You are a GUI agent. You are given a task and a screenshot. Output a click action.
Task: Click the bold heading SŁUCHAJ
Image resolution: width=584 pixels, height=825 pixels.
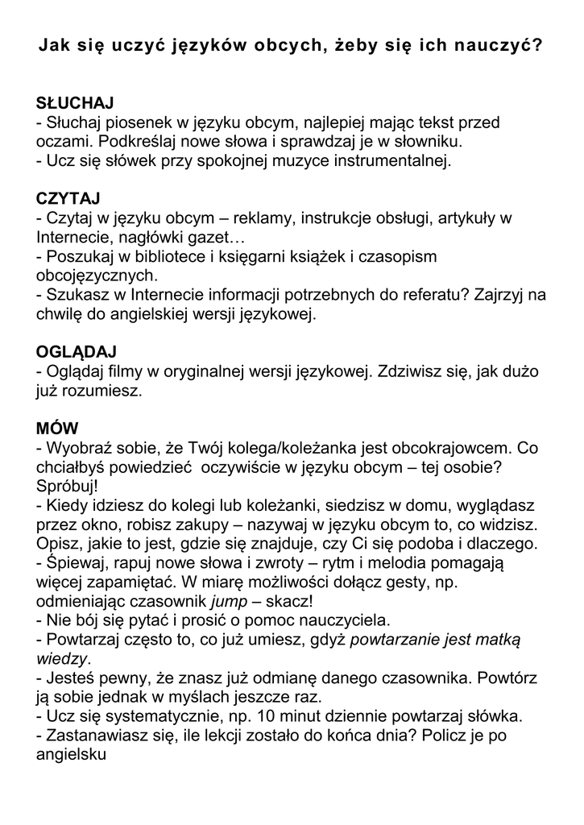75,103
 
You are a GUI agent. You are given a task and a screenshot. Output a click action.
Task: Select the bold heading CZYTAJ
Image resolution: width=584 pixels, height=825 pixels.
68,198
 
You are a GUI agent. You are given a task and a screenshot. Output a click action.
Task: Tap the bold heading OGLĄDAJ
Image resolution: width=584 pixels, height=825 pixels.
77,352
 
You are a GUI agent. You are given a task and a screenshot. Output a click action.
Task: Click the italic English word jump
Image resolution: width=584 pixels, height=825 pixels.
228,601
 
